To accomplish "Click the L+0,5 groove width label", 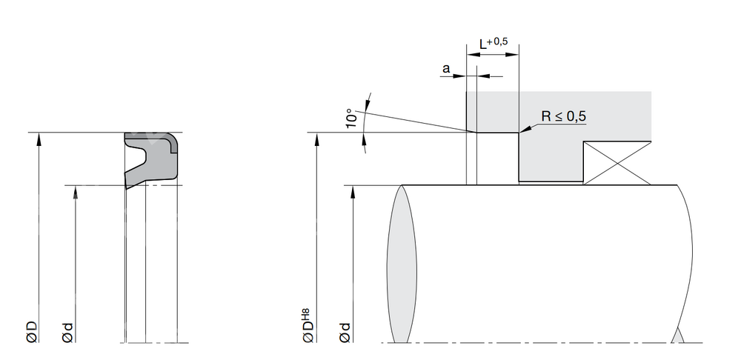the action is pos(494,44).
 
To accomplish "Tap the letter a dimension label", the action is pos(446,69).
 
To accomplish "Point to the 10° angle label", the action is pos(351,118).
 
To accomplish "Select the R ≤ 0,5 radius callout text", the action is pos(564,116).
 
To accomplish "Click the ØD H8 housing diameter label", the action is pos(308,325).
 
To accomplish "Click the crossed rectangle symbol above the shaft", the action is pos(617,163).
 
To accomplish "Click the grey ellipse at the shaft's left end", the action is pos(402,264).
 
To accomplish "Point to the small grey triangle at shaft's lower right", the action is pos(678,336).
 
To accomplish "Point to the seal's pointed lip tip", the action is pos(127,187).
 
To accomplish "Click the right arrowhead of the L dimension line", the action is pos(513,54).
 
